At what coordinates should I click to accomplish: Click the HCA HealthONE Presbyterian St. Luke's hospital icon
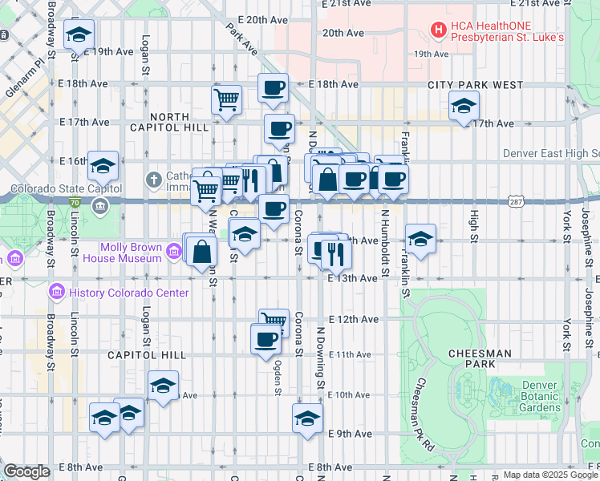pyautogui.click(x=439, y=31)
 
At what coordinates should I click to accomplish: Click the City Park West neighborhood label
pyautogui.click(x=475, y=85)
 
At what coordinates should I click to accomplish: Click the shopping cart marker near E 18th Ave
pyautogui.click(x=227, y=99)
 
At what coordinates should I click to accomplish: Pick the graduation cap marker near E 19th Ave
pyautogui.click(x=79, y=35)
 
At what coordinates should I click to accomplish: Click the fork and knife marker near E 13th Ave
pyautogui.click(x=336, y=254)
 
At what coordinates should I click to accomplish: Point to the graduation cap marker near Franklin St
pyautogui.click(x=420, y=238)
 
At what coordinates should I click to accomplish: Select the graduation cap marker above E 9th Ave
pyautogui.click(x=307, y=418)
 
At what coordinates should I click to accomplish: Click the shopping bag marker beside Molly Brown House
pyautogui.click(x=201, y=252)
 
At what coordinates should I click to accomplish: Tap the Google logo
pyautogui.click(x=26, y=471)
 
